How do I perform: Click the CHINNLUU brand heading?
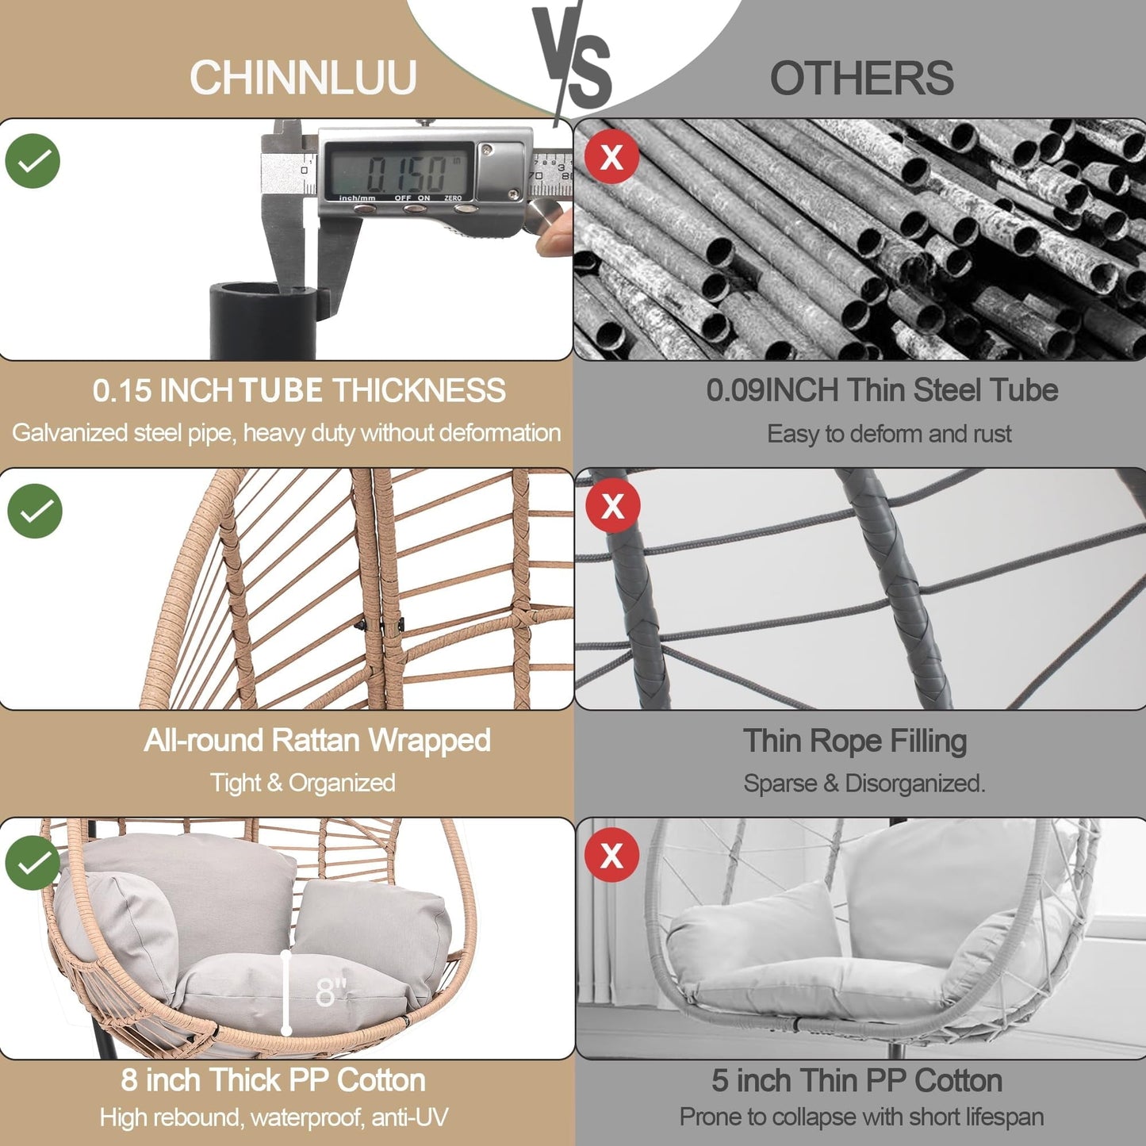pos(303,78)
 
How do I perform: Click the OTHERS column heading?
pos(861,79)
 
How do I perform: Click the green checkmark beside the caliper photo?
pos(33,161)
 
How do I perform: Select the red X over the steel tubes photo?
pos(611,156)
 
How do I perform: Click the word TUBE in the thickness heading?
pos(281,390)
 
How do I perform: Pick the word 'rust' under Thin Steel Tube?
pos(993,434)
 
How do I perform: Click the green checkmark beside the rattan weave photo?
pos(35,511)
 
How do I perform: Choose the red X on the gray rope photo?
pos(612,505)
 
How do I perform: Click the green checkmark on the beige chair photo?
pos(33,863)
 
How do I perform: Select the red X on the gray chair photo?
pos(611,855)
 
